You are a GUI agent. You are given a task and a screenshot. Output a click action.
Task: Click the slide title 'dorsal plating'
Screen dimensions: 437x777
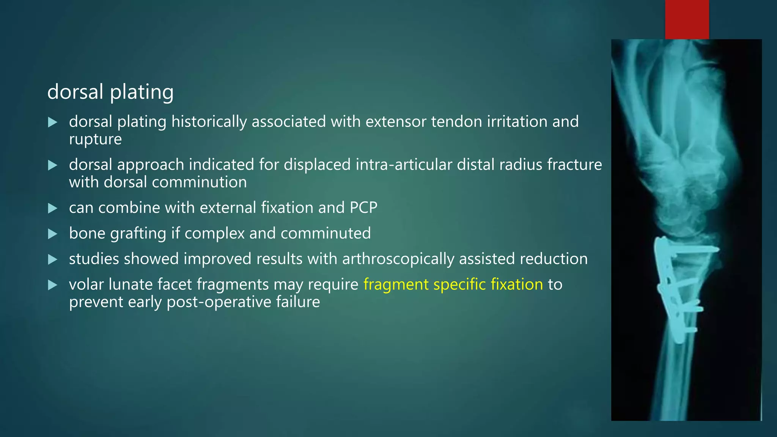(x=110, y=92)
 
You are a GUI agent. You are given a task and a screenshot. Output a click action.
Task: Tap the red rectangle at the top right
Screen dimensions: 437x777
(x=687, y=19)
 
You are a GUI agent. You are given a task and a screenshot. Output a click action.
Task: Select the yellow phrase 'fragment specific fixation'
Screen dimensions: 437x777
(x=453, y=284)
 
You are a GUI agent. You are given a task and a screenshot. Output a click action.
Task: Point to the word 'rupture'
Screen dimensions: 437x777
(x=95, y=139)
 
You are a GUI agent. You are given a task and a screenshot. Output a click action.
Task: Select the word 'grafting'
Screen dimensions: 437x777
(x=138, y=233)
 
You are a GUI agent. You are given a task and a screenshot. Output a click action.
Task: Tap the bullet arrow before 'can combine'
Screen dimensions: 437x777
(x=53, y=208)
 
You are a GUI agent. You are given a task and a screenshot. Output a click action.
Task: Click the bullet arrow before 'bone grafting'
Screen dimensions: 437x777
(x=53, y=234)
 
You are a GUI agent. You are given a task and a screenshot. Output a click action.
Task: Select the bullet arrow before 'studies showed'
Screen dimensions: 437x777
(x=53, y=259)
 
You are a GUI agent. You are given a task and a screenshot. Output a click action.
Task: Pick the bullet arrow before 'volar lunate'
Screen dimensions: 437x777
(x=53, y=285)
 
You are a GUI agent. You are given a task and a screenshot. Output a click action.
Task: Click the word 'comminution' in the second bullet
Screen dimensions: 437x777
(x=175, y=182)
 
